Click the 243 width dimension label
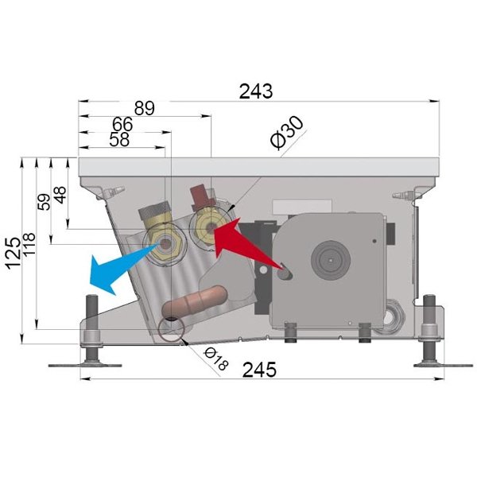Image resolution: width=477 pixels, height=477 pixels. (256, 91)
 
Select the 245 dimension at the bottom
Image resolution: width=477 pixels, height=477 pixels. (259, 370)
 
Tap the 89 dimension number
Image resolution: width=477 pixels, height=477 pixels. (145, 108)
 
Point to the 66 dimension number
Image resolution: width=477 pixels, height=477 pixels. (122, 124)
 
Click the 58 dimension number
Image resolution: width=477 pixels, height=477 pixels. (119, 140)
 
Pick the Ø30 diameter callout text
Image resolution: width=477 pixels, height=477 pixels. (287, 133)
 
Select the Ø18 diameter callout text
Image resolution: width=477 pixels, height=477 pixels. (215, 359)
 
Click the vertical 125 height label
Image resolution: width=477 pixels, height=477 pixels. (14, 254)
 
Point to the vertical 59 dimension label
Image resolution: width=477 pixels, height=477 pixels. (45, 202)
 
